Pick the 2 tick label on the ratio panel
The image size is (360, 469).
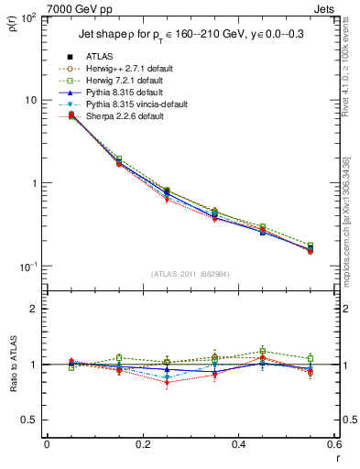34,309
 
